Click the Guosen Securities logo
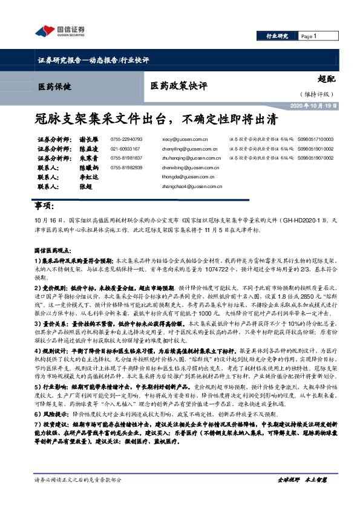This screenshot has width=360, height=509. pyautogui.click(x=60, y=31)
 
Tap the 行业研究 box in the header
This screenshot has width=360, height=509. pyautogui.click(x=278, y=36)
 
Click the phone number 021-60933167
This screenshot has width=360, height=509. pyautogui.click(x=125, y=148)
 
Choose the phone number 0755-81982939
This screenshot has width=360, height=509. pyautogui.click(x=126, y=167)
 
